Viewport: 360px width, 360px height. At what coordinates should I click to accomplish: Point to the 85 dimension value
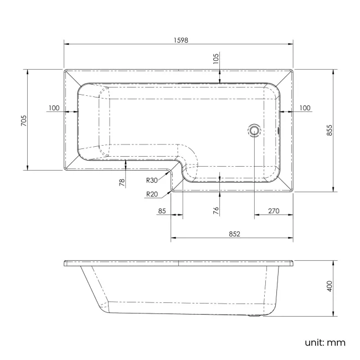tap(162, 210)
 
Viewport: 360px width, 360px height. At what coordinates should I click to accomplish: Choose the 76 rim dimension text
tap(216, 210)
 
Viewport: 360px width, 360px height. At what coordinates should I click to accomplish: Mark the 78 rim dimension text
tap(122, 182)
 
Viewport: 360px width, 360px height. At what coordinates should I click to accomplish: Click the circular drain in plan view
tap(254, 131)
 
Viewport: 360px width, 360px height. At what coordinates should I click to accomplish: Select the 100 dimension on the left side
tap(54, 108)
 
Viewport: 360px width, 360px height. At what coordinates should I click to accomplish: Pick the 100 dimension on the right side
tap(304, 108)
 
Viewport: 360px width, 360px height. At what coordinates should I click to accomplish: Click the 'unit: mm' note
tap(325, 342)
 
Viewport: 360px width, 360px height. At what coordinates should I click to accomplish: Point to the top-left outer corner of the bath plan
tap(64, 70)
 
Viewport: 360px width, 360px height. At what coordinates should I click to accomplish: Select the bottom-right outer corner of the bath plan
tap(293, 191)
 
